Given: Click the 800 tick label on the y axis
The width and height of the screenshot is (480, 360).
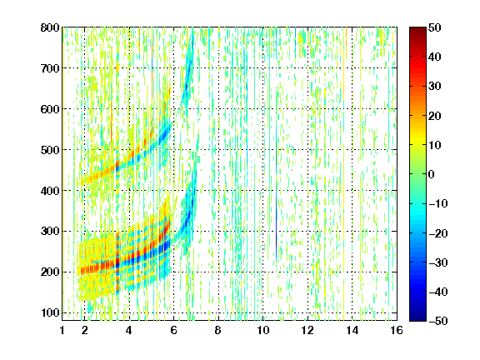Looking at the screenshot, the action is tap(50, 27).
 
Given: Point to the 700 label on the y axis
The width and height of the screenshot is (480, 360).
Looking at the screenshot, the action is tap(50, 68).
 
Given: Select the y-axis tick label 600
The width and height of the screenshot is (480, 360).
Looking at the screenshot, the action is tap(50, 109).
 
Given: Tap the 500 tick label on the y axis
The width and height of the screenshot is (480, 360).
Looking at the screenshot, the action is tap(50, 150).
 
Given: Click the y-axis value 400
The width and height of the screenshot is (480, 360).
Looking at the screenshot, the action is tap(50, 191).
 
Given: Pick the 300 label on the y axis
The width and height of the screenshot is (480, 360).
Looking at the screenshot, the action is tap(50, 232).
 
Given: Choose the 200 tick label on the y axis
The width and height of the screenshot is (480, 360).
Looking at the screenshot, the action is tap(50, 272).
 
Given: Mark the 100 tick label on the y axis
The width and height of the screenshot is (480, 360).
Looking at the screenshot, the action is tap(50, 312).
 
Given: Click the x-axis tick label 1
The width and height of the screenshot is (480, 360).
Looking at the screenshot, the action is tap(62, 330).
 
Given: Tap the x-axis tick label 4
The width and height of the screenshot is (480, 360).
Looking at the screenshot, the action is tap(129, 330).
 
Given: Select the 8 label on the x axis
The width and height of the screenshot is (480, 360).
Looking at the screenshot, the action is tap(218, 330).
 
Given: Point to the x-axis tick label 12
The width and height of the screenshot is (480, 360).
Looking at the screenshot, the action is tap(307, 330).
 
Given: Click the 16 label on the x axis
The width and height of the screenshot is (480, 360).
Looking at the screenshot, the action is tap(397, 330).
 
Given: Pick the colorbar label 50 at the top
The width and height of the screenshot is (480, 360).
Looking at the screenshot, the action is tap(434, 27).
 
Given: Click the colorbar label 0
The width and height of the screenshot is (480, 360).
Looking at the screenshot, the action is tap(432, 174).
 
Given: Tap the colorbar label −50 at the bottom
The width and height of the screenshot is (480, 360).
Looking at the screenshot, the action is tap(438, 321).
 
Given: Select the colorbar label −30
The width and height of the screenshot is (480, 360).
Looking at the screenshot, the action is tap(438, 262).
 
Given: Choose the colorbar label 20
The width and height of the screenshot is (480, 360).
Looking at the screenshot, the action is tap(434, 116).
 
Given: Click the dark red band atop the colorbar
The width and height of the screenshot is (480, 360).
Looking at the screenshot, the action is tap(417, 32).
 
